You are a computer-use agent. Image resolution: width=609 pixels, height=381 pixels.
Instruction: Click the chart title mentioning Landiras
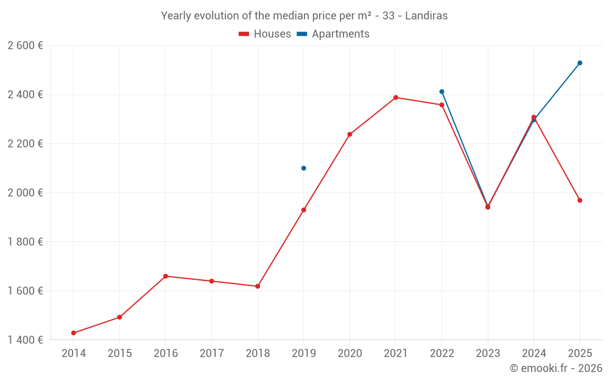point(304,16)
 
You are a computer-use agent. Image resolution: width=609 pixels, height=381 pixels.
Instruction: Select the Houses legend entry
point(265,34)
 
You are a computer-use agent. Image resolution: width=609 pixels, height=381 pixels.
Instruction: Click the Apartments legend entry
point(333,34)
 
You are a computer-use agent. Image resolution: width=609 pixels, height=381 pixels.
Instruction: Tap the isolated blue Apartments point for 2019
point(304,168)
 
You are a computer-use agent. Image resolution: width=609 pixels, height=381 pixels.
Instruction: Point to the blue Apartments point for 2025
point(580,63)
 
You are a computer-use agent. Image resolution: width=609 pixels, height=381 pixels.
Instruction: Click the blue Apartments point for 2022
point(442,91)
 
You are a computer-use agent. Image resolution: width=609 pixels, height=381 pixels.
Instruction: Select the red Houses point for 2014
point(74,333)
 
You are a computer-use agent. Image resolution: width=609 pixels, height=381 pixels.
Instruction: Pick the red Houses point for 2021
point(396,98)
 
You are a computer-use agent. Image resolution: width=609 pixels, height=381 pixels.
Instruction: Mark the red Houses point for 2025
point(580,201)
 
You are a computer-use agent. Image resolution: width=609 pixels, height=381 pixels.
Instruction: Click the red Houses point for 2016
point(166,276)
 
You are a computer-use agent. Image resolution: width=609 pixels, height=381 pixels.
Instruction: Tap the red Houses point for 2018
point(258,286)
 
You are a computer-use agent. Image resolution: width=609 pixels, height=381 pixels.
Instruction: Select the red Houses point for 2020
point(350,134)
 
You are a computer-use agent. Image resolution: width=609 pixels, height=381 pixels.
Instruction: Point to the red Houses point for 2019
point(304,210)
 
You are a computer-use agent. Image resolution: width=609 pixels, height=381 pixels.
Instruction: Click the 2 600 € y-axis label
point(25,46)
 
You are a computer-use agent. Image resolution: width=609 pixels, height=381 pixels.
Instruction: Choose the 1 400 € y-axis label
point(25,340)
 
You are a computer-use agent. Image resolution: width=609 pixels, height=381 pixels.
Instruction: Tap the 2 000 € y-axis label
point(25,193)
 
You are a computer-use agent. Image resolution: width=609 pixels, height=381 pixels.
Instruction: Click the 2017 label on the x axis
point(211,354)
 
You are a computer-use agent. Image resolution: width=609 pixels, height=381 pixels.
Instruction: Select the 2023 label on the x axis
point(488,354)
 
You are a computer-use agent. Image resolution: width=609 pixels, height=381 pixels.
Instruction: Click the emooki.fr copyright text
point(555,368)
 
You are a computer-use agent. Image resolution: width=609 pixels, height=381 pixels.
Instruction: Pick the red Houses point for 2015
point(119,317)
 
